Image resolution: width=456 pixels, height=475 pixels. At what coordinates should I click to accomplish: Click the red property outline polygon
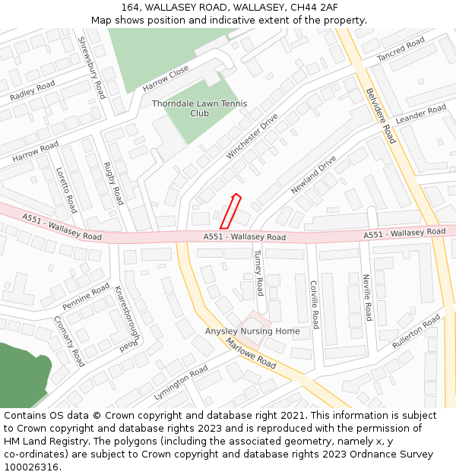point(230,211)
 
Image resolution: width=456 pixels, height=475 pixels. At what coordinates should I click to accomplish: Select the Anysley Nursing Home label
point(252,331)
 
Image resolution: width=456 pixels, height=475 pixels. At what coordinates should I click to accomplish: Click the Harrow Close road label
point(166,78)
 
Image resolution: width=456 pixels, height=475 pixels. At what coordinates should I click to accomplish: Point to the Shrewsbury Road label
point(92,68)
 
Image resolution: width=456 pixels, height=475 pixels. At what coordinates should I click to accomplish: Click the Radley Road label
point(33,92)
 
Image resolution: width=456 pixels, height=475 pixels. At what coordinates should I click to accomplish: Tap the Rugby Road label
point(112,183)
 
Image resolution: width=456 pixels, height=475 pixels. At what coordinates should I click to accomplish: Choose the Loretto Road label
point(66,190)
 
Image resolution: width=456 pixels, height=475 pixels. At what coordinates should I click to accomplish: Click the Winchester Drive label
point(252,136)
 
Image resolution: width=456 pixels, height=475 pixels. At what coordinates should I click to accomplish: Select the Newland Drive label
point(312,175)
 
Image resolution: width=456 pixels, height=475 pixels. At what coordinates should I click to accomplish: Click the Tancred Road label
point(401,50)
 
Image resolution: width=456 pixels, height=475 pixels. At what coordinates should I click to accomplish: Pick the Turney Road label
point(258,272)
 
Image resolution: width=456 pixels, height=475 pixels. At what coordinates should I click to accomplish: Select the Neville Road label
point(367,297)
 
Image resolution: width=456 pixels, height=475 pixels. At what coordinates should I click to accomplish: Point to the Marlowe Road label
point(251,353)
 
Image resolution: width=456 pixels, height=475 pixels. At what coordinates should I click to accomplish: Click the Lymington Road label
point(181,382)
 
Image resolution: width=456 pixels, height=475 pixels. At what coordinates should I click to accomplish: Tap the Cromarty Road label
point(68,341)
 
